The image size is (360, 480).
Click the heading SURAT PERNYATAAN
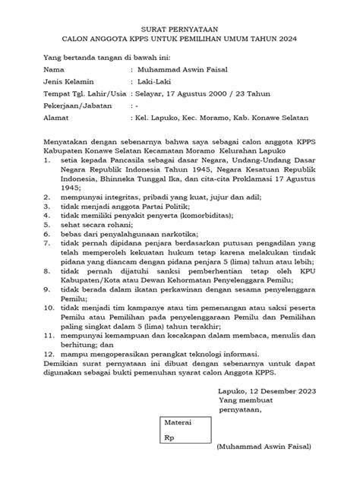pyautogui.click(x=179, y=26)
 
